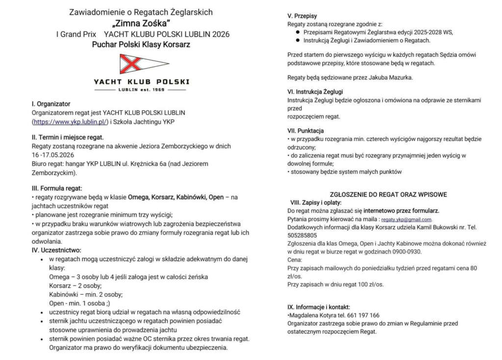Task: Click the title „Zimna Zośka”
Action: point(141,23)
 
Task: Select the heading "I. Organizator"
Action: point(51,104)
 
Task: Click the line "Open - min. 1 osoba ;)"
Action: point(79,303)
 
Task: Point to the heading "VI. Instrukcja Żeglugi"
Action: point(315,91)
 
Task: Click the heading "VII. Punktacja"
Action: point(305,130)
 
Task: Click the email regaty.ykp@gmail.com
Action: point(406,219)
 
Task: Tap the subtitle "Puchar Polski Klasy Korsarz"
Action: point(141,45)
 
